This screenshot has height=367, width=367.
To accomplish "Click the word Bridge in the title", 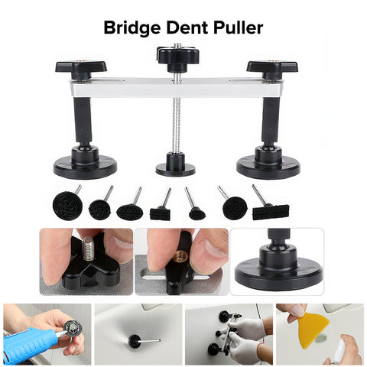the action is [x=132, y=28].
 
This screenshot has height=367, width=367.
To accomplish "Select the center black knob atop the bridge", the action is [x=178, y=59].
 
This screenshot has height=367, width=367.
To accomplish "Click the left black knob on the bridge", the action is [x=81, y=69].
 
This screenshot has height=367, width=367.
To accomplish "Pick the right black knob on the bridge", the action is [x=272, y=69].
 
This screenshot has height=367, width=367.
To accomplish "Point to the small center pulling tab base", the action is [x=175, y=164].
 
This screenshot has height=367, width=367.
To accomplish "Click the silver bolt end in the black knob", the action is [x=88, y=248].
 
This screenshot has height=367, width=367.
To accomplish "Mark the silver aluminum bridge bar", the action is [x=177, y=87].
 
